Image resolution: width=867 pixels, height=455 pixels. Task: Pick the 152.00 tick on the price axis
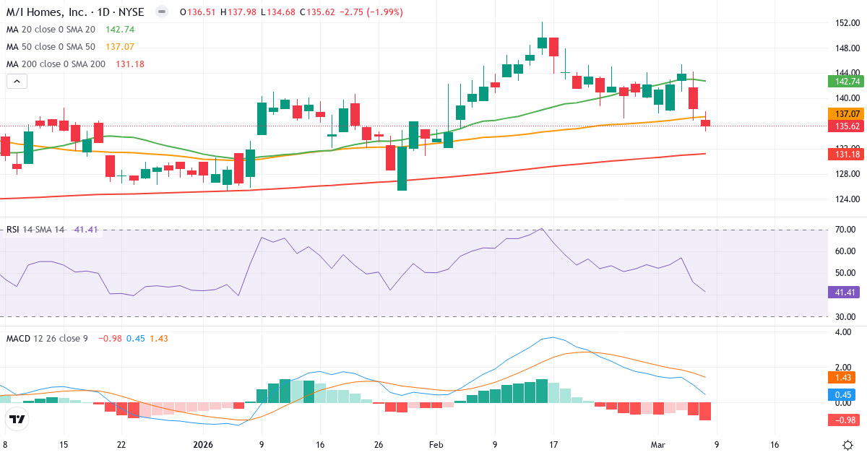click(846, 23)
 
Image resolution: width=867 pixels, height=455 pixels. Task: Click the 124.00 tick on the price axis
click(846, 199)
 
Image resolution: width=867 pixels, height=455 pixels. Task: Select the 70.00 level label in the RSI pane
click(845, 230)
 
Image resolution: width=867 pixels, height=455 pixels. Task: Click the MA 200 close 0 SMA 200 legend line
click(56, 64)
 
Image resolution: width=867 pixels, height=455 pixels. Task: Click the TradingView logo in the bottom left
click(17, 420)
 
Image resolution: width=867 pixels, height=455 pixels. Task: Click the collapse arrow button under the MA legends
click(17, 82)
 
